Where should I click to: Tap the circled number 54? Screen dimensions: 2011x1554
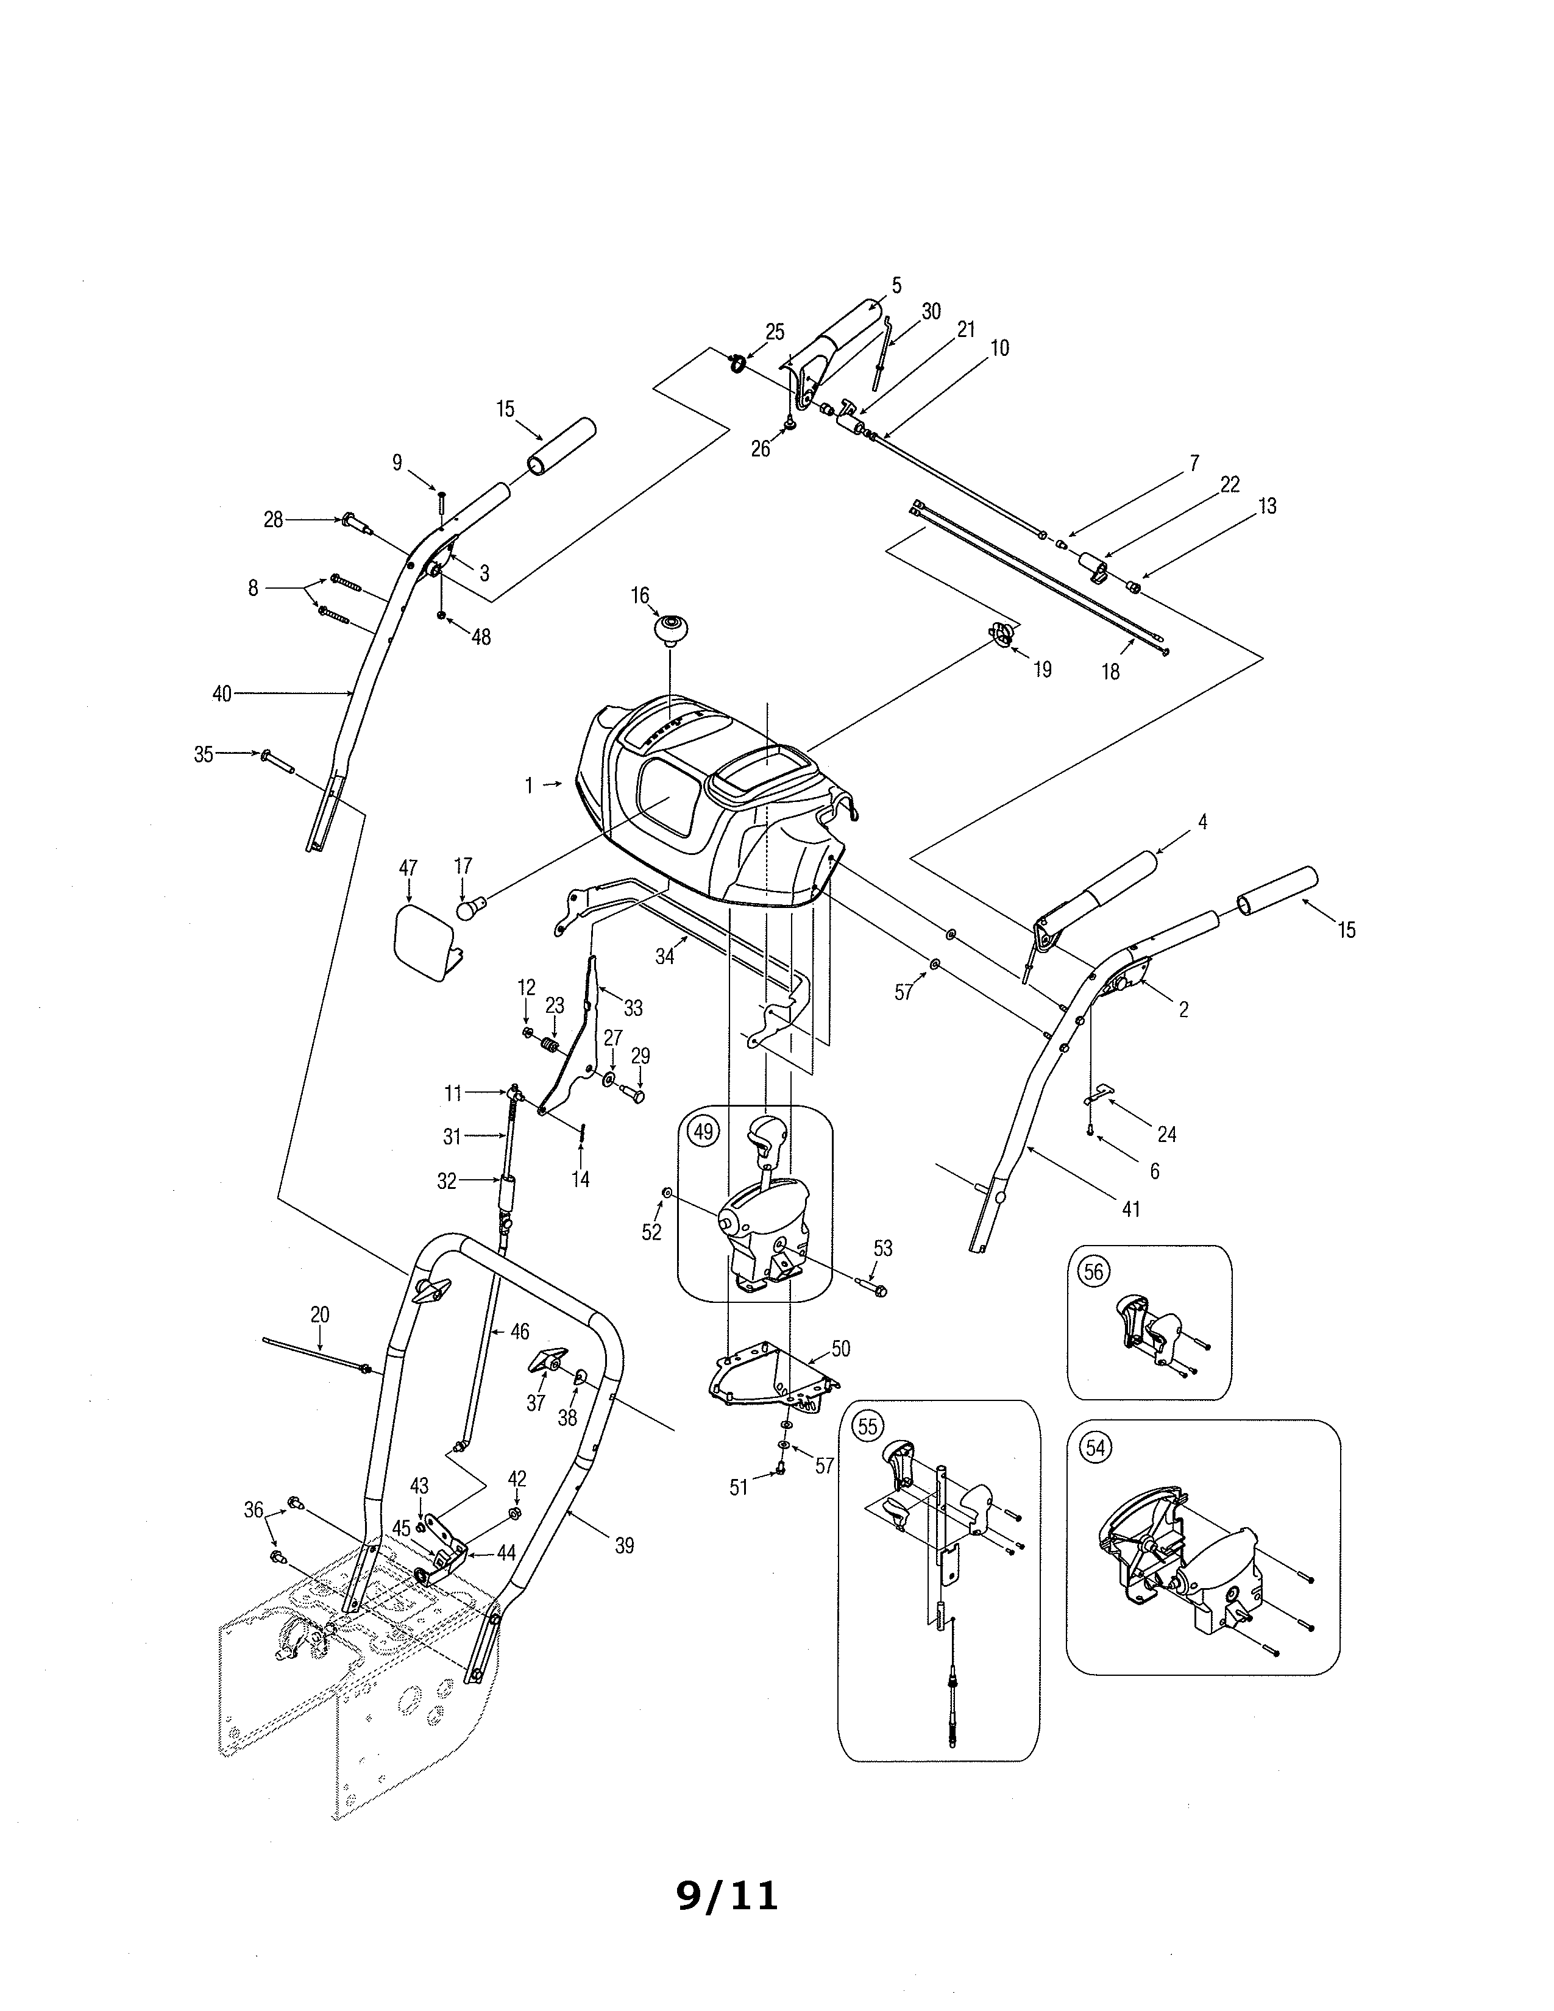tap(1095, 1447)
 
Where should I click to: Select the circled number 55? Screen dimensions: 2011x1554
tap(867, 1425)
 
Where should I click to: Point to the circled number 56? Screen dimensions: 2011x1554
tap(1093, 1272)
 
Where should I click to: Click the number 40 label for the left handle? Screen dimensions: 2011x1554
tap(222, 694)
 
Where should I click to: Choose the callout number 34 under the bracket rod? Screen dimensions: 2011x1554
tap(665, 957)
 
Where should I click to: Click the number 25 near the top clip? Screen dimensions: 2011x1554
tap(775, 332)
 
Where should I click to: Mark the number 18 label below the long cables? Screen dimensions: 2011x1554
tap(1111, 672)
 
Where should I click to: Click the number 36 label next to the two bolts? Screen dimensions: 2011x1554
tap(253, 1510)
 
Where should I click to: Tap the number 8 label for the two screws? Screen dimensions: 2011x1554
tap(253, 587)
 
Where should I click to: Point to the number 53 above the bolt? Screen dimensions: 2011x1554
tap(883, 1249)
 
